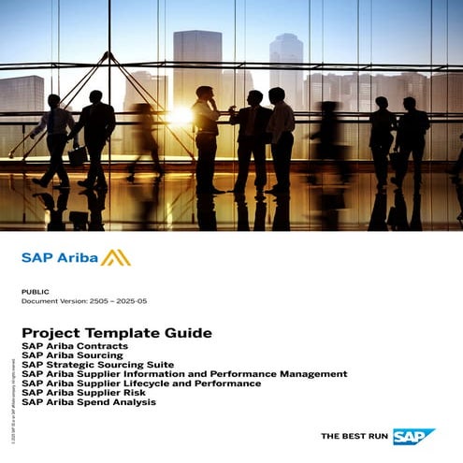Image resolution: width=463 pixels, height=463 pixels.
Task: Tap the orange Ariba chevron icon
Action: coord(116,257)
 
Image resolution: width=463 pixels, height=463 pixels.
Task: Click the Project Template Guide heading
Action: coord(117,333)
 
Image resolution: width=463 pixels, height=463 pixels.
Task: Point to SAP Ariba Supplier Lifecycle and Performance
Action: coord(140,383)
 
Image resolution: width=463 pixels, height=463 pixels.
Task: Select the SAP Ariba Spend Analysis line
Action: coord(88,402)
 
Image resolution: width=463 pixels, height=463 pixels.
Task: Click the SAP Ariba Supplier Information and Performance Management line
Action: coord(183,374)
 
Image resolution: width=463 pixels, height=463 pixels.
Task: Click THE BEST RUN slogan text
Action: coord(354,436)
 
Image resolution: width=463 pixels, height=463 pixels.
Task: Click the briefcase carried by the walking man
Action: coord(77,154)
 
